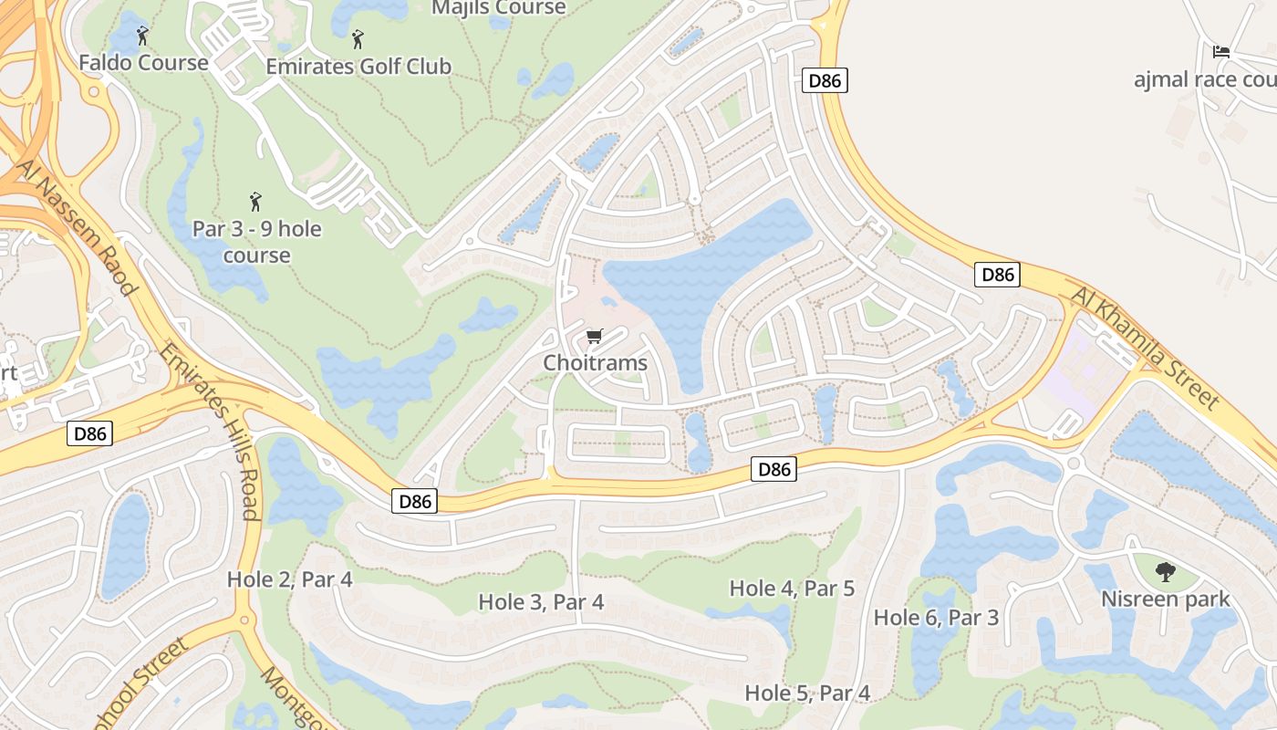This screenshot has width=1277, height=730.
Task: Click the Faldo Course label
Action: tap(143, 63)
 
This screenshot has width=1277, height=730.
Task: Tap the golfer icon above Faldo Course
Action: tap(142, 36)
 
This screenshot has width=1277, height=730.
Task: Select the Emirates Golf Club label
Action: tap(358, 67)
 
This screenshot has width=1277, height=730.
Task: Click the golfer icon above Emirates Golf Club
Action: tap(358, 39)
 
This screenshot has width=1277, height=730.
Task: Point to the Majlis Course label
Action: tap(498, 8)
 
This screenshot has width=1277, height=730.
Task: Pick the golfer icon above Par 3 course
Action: tap(255, 200)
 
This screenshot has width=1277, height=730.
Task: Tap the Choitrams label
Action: tap(595, 363)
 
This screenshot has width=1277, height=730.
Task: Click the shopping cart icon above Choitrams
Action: tap(595, 337)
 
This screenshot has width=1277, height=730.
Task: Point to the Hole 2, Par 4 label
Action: tap(289, 579)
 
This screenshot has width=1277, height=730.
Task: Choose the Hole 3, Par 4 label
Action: tap(541, 602)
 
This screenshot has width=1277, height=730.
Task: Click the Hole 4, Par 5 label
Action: tap(792, 589)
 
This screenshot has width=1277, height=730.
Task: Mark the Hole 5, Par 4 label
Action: tap(807, 693)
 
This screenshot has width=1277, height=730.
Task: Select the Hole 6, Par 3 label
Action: tap(936, 618)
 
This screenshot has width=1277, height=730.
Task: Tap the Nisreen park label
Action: tap(1165, 600)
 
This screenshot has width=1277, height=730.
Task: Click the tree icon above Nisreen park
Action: tap(1165, 572)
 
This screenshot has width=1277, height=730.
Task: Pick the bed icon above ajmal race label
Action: tap(1221, 52)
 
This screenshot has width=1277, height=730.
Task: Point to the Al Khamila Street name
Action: tap(1146, 348)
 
